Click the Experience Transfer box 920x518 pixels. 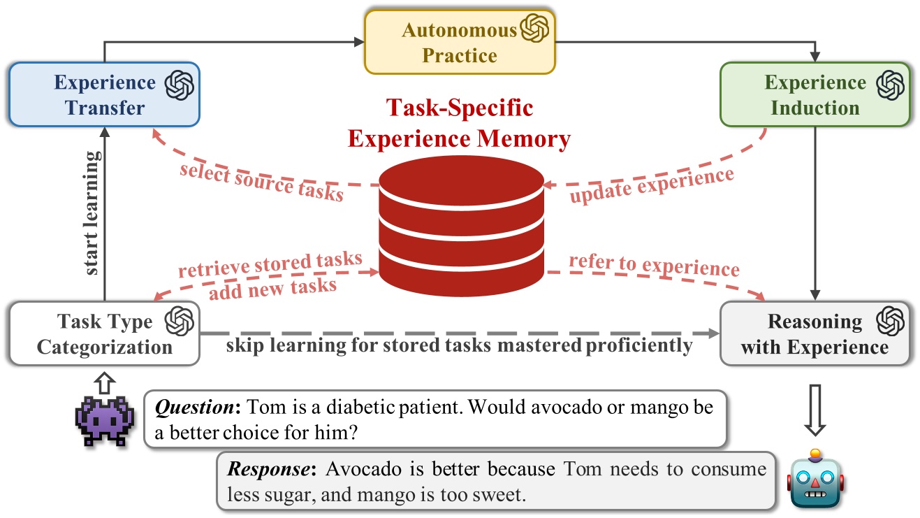(x=104, y=95)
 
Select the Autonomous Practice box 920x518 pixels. (x=459, y=42)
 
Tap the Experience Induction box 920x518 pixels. (x=815, y=95)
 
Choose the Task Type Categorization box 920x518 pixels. (x=104, y=333)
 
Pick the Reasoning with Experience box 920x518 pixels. (x=815, y=333)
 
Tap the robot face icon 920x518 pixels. (x=815, y=478)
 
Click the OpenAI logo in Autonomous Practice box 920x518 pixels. (x=534, y=29)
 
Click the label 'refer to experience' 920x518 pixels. (x=653, y=266)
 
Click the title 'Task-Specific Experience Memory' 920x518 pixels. (x=459, y=123)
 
